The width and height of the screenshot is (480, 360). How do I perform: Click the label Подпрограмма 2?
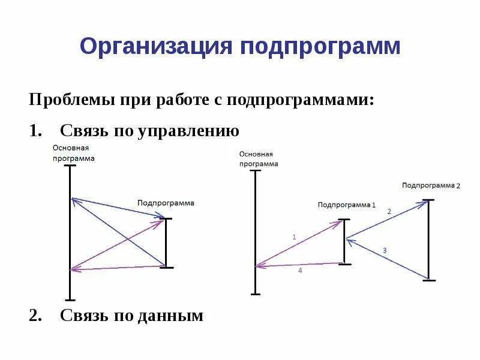point(431,185)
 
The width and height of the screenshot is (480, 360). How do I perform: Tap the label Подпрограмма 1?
point(346,205)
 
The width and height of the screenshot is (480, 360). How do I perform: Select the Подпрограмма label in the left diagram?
point(166,203)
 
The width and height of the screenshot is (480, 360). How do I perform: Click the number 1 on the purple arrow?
point(294,237)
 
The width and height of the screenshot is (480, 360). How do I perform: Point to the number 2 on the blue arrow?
point(389,211)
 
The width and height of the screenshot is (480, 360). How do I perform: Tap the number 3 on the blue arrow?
point(385,250)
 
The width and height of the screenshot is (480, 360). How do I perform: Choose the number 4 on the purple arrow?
point(300,271)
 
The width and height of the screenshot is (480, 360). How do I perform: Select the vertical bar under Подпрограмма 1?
point(344,241)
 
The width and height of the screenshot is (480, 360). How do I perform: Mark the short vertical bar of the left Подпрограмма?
point(167,243)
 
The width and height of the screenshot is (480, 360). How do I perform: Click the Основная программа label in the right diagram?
point(259,158)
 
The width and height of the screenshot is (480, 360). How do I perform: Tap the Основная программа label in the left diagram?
point(73,153)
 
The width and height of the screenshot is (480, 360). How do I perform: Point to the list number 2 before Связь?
point(35,315)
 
